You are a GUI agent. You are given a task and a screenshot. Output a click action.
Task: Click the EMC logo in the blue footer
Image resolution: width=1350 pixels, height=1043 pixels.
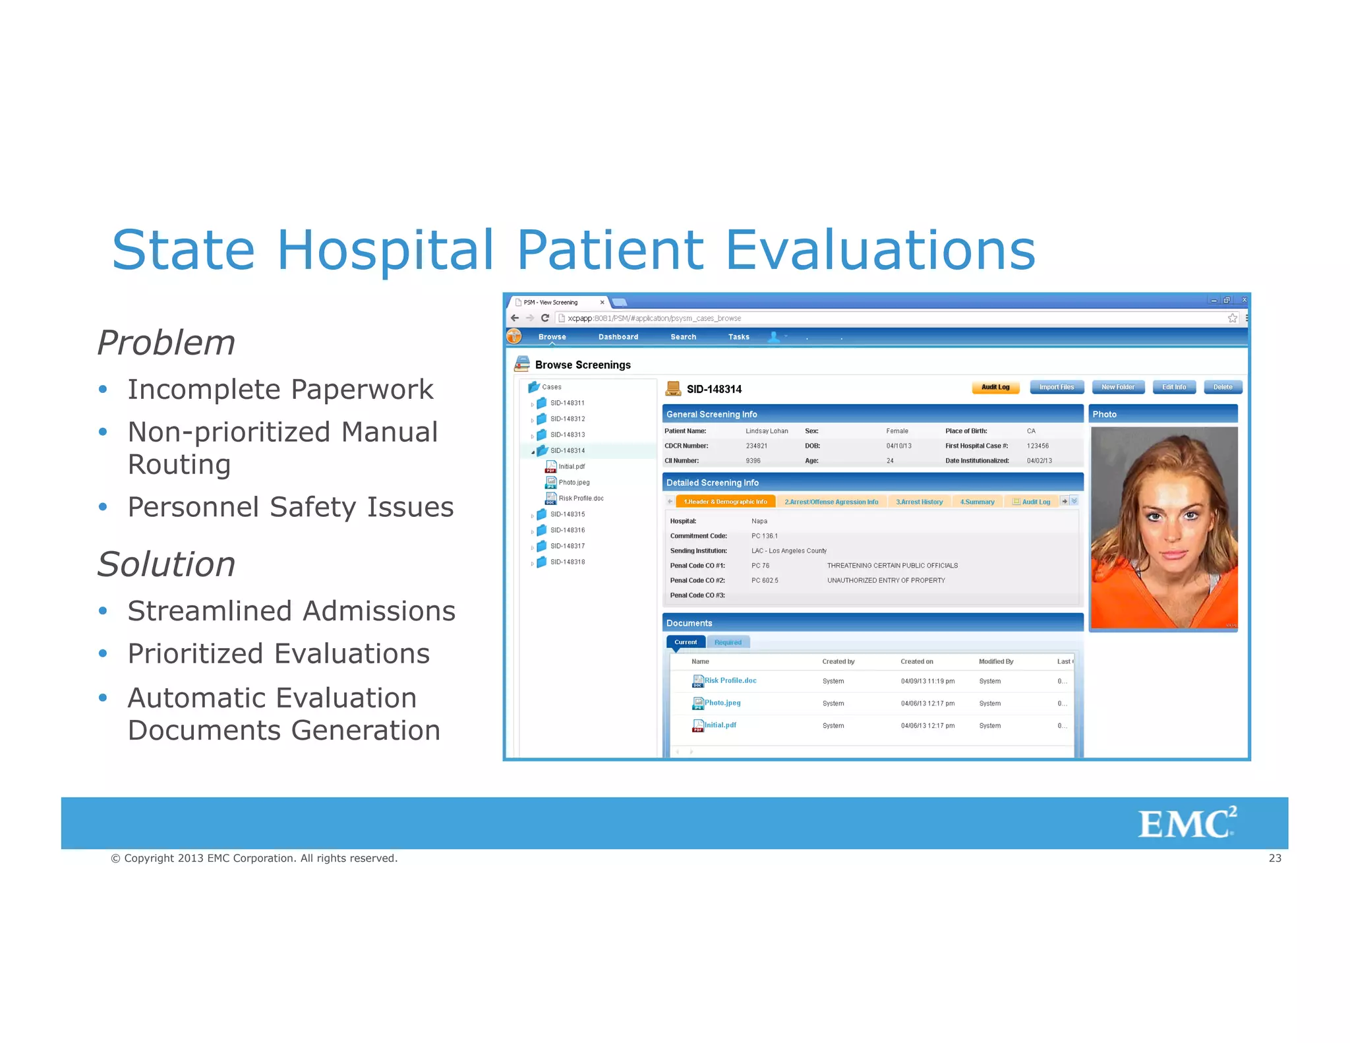(1187, 823)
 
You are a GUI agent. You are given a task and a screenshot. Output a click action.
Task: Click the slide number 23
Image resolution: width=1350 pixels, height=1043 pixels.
(1275, 858)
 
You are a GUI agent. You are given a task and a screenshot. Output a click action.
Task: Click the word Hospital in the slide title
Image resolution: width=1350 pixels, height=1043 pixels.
(385, 250)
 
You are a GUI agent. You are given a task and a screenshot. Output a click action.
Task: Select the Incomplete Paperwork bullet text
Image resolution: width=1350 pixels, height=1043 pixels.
(280, 389)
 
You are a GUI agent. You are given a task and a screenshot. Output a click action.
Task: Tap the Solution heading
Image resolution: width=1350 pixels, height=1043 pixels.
(166, 564)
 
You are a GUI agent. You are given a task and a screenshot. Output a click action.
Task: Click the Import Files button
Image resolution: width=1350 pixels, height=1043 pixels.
(1057, 387)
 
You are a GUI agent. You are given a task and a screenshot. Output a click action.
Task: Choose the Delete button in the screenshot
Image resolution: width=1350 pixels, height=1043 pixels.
(1223, 387)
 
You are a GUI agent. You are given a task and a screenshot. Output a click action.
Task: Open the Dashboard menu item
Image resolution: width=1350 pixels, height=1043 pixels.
(618, 337)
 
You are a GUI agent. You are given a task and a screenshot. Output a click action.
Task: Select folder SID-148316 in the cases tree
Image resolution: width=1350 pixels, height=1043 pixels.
(568, 530)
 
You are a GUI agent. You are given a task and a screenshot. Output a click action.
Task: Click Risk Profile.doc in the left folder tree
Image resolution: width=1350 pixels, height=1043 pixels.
(581, 498)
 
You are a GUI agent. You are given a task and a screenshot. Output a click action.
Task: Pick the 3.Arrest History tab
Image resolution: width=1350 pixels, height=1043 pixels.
(919, 502)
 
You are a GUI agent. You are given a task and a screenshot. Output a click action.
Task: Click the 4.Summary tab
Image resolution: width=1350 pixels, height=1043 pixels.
(977, 502)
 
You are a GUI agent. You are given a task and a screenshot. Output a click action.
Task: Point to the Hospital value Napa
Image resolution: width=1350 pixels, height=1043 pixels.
(759, 521)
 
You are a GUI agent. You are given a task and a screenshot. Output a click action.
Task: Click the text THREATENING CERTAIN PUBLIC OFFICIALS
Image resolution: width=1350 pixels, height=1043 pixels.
(892, 566)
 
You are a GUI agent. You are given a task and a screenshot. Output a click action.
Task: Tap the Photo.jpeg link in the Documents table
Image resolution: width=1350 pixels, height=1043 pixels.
(722, 703)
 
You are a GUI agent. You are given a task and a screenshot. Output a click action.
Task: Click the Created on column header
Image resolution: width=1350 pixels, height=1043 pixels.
(917, 661)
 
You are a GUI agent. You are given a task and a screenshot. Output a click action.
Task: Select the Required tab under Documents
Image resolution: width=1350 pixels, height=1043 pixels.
(728, 642)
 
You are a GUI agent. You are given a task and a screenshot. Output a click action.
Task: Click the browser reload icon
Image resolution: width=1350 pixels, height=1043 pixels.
(545, 318)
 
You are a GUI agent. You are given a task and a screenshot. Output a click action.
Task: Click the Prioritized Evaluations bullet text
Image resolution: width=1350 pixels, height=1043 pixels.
(278, 653)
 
